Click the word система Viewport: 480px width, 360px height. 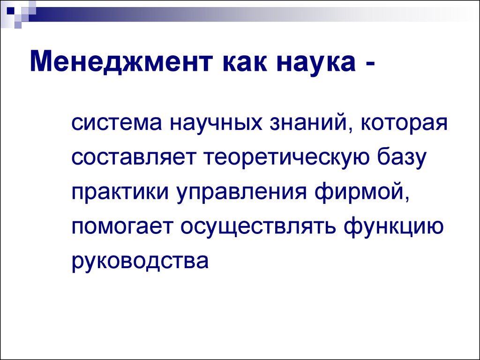point(117,123)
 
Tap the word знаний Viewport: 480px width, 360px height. point(311,124)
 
